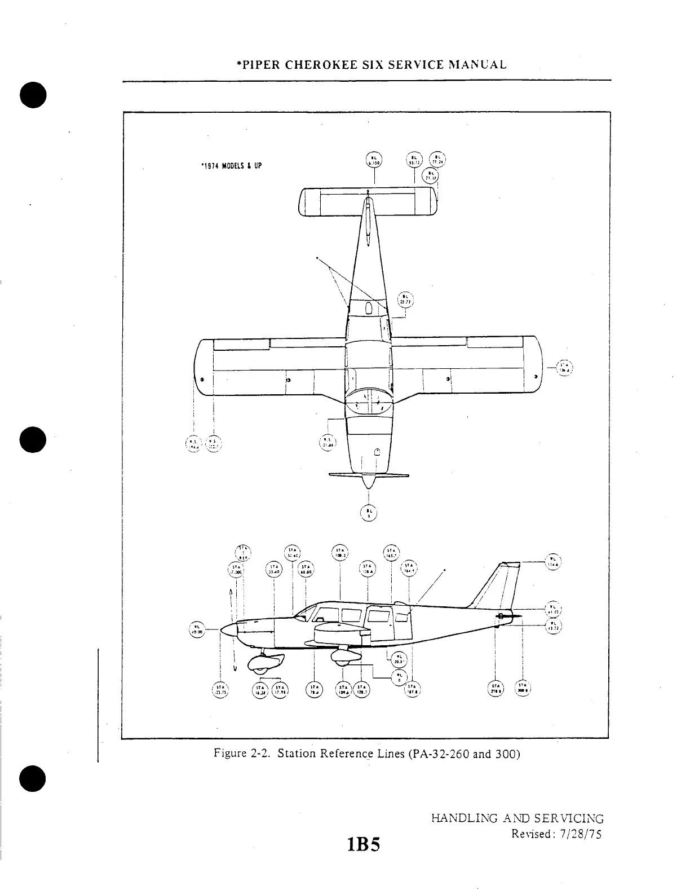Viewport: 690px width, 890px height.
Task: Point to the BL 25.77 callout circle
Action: (406, 299)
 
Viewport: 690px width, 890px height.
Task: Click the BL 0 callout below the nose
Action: (368, 512)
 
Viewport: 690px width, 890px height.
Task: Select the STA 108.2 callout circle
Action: (341, 554)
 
